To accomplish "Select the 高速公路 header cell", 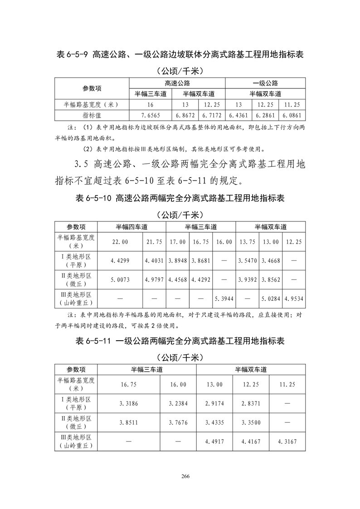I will [177, 83].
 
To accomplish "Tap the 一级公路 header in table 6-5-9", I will [265, 83].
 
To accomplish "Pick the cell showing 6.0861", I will [292, 115].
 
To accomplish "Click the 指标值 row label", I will [92, 115].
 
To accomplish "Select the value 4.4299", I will [120, 261].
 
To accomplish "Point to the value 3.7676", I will [178, 422].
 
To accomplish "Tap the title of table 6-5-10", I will [180, 198].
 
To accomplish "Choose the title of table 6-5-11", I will [180, 341].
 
